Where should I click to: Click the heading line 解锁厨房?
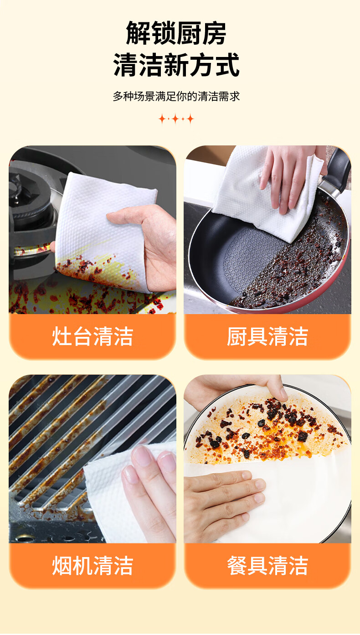[176, 33]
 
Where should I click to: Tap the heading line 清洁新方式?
[176, 65]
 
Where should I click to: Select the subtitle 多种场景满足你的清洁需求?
[176, 96]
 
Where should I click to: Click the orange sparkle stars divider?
[176, 119]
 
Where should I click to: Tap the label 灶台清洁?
[93, 336]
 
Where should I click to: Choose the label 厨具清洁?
[267, 336]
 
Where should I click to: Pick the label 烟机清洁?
[93, 566]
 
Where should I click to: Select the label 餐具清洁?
[267, 566]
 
